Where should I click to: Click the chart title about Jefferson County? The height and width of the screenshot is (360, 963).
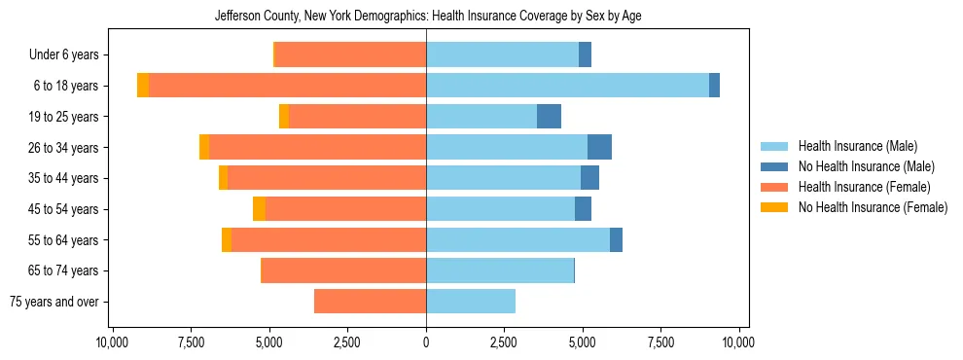[x=427, y=17]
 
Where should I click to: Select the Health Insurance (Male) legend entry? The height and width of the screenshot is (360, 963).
[x=857, y=146]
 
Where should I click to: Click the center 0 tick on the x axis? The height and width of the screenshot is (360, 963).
[x=426, y=343]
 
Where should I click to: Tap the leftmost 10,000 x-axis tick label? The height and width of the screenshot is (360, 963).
[x=113, y=343]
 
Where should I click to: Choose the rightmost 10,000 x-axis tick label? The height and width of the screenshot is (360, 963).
[x=739, y=343]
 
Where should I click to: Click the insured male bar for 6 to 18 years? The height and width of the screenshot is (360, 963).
[x=567, y=86]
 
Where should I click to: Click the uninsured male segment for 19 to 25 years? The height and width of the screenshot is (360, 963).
[x=549, y=117]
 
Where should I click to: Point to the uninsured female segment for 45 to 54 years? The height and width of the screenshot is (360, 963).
[x=259, y=209]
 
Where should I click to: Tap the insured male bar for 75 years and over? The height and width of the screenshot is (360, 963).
[x=471, y=302]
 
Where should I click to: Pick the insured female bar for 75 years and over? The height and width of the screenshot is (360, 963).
[x=370, y=302]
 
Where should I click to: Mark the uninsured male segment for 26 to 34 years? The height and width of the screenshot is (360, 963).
[x=599, y=147]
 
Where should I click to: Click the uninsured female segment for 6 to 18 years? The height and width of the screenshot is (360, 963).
[x=143, y=86]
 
